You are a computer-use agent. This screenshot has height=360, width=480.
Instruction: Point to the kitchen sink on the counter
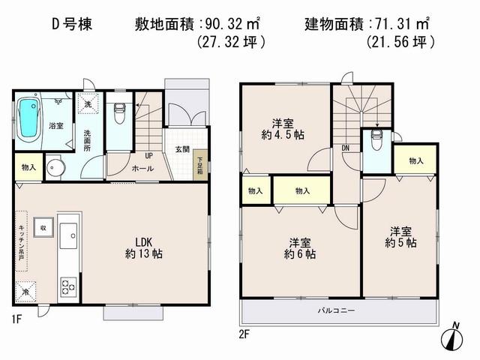(x=68, y=236)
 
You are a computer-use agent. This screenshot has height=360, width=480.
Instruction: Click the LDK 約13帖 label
(x=143, y=247)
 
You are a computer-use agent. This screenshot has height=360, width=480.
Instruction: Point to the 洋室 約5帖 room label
(x=400, y=238)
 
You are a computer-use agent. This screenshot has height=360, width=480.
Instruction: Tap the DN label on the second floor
(x=345, y=148)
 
